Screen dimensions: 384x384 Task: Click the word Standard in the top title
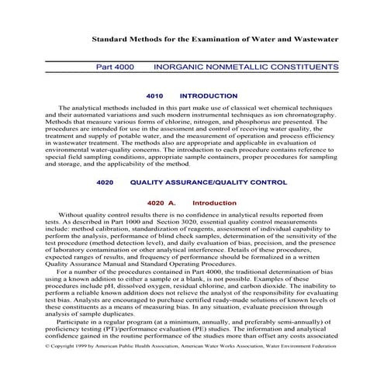click(109, 38)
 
